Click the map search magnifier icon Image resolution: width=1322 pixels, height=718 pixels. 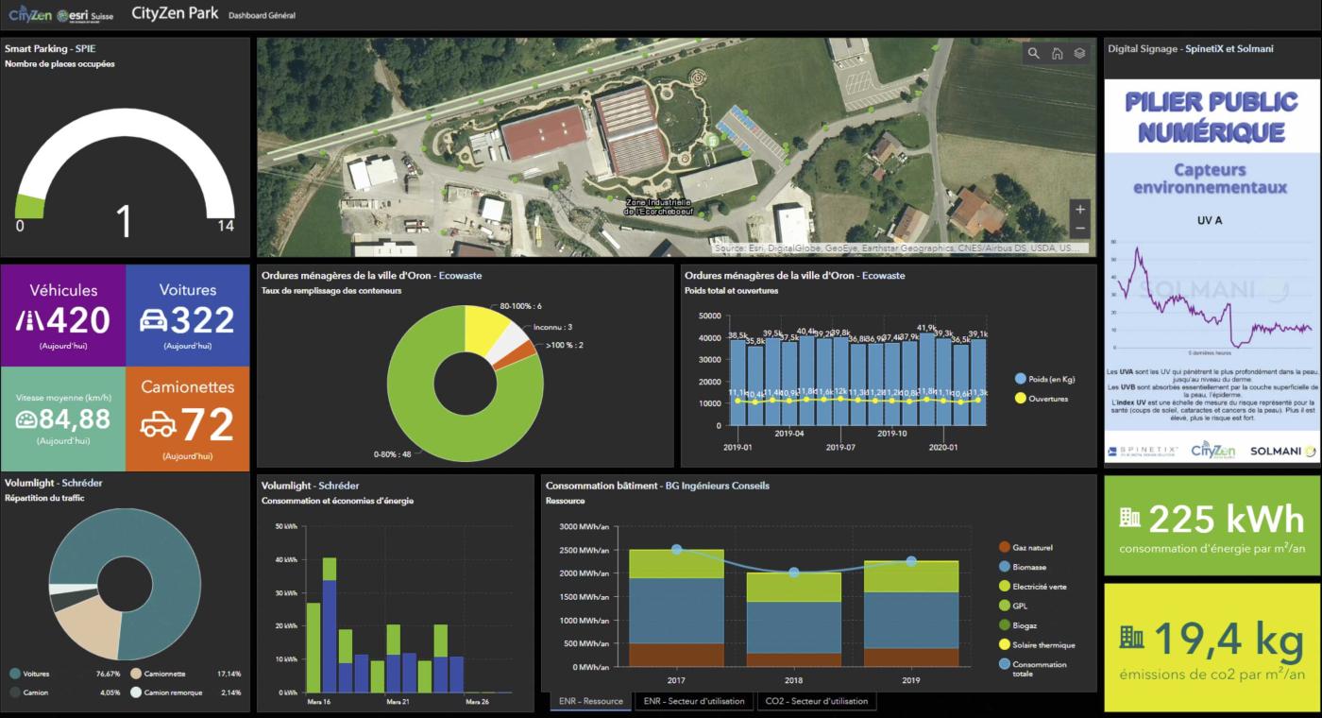1034,53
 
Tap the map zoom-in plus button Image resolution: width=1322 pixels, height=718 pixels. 1080,209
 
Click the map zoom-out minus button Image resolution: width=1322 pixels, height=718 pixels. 1080,230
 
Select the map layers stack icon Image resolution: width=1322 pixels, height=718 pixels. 1079,53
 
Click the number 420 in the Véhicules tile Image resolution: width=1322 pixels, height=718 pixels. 75,321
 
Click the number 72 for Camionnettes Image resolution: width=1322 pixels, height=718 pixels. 207,425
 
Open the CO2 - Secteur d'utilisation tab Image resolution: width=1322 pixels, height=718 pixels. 816,701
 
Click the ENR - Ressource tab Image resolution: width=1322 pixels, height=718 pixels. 590,701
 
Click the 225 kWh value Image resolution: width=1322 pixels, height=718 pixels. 1226,519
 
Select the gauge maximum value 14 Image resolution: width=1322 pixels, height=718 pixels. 225,227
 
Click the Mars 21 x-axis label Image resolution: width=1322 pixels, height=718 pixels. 398,702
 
